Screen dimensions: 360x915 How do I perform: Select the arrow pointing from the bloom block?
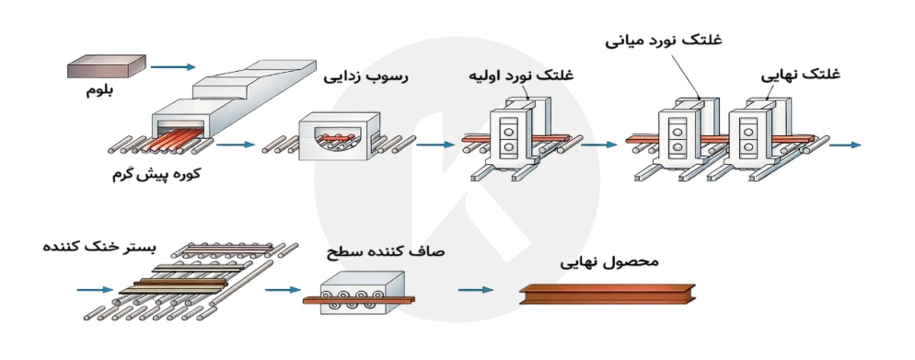point(173,66)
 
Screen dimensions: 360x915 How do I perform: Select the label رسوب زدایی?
point(365,78)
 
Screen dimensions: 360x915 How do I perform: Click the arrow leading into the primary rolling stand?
point(435,145)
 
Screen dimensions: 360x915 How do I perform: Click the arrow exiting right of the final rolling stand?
point(844,145)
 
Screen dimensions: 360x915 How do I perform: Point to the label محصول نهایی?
point(610,261)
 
